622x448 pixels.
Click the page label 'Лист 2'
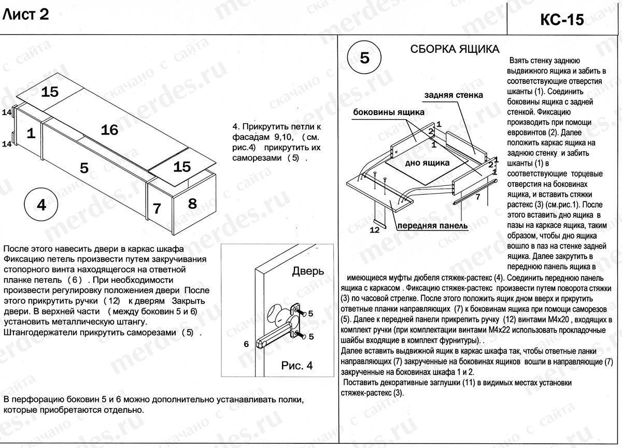[x=26, y=15]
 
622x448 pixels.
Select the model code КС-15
[x=562, y=19]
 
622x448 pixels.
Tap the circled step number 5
[x=364, y=57]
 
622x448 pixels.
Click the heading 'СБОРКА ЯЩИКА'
[x=455, y=49]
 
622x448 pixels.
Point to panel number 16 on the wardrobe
[x=109, y=130]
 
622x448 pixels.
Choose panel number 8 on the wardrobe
[x=192, y=203]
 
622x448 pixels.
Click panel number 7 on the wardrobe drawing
[x=157, y=208]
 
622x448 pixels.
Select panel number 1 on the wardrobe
[x=31, y=134]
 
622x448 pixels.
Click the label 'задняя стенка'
[x=454, y=95]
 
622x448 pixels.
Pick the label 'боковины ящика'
[x=389, y=112]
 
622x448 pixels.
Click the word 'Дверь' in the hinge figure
[x=308, y=271]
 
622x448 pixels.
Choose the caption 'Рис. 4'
[x=297, y=366]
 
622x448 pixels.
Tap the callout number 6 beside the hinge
[x=247, y=343]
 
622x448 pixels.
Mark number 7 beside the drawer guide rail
[x=478, y=196]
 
